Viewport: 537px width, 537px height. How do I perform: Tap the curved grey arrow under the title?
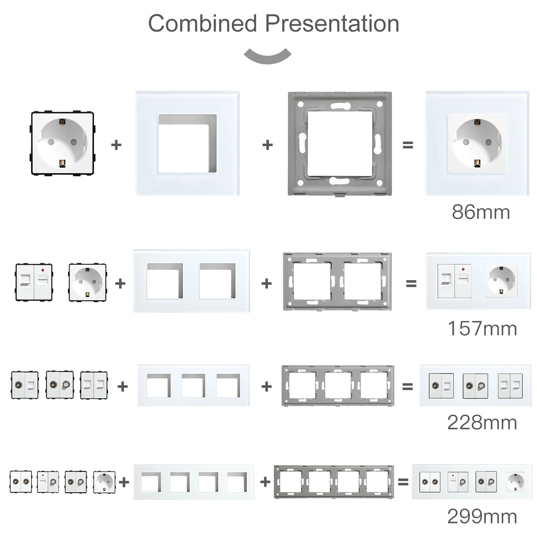268,56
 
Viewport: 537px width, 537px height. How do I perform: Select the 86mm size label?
481,212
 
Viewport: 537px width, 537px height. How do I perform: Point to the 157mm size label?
482,329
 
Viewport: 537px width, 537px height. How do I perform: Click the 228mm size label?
482,422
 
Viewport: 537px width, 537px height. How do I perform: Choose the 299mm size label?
482,517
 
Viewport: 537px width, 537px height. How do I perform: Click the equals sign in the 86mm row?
408,145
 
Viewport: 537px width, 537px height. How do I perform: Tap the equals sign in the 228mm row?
407,386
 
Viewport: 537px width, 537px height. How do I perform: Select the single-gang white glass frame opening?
188,143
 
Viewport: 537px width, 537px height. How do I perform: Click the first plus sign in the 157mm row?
120,283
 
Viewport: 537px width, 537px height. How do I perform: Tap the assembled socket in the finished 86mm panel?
477,144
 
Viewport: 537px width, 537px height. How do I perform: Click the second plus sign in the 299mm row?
265,482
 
